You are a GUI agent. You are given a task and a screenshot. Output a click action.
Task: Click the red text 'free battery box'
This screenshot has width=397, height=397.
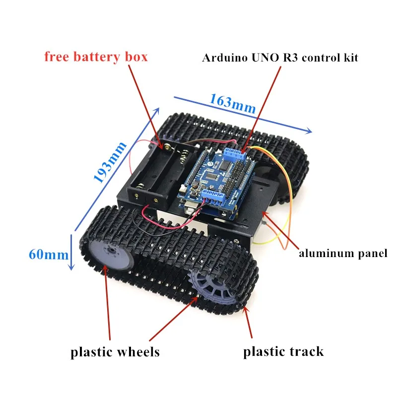click(96, 57)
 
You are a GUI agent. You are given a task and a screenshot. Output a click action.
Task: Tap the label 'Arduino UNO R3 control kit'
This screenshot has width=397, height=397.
click(280, 58)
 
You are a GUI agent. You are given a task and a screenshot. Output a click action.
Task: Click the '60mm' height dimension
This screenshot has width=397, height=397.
click(48, 255)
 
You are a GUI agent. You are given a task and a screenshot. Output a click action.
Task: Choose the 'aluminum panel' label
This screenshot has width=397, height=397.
click(342, 254)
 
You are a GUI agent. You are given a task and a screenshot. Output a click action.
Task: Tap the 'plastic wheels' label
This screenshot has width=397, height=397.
click(115, 352)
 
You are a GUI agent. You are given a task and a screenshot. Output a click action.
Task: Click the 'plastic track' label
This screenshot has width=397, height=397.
click(283, 352)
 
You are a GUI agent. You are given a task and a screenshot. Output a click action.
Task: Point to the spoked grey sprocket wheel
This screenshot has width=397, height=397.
click(208, 287)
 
